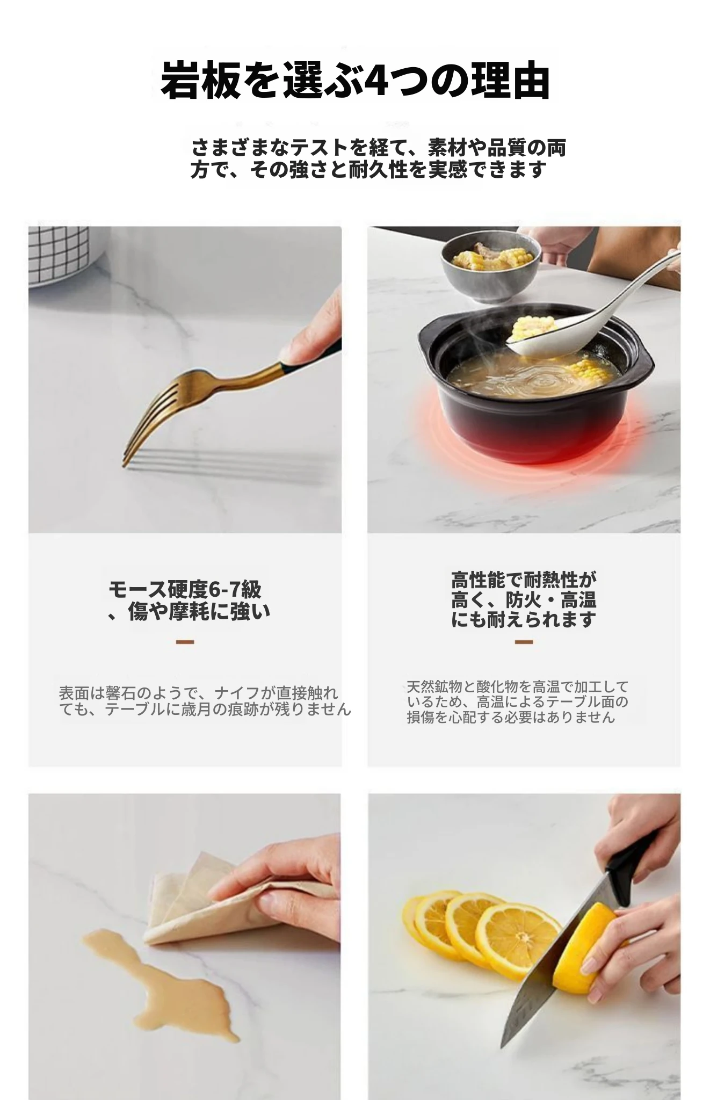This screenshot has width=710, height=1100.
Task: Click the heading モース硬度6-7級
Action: point(185,589)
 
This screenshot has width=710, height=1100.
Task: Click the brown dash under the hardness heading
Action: point(185,641)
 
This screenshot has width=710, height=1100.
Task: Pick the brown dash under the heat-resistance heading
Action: point(524,641)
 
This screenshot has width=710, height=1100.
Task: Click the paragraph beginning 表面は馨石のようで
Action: point(205,700)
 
